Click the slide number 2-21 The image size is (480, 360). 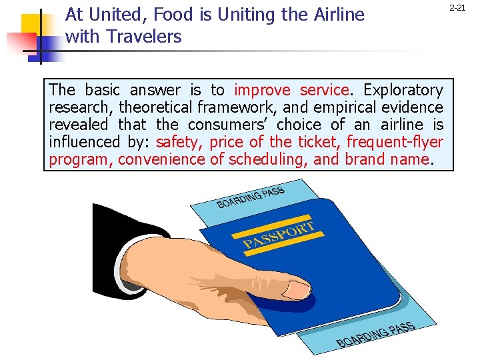[x=457, y=8]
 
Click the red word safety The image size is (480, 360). [x=179, y=141]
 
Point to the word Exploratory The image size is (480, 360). [x=403, y=89]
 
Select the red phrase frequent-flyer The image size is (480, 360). [x=395, y=141]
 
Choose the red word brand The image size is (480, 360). [x=367, y=159]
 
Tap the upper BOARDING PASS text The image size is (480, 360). [x=251, y=197]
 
